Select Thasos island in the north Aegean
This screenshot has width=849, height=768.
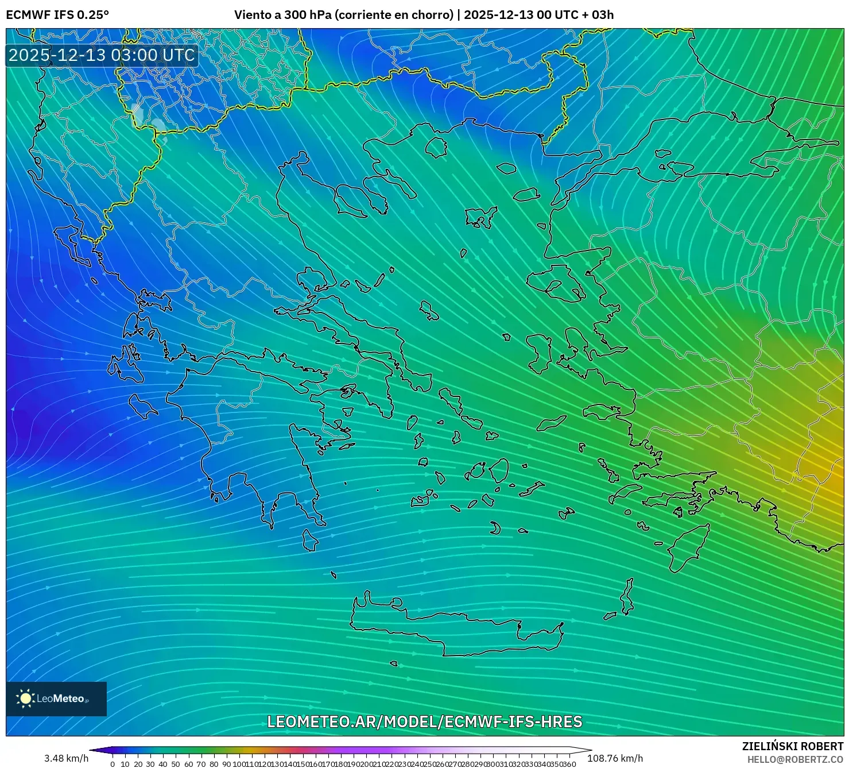pos(436,146)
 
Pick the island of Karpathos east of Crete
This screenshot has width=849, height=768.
pos(627,597)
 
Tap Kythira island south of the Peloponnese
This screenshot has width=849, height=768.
pos(310,541)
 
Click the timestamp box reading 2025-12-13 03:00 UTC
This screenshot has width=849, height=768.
pos(102,56)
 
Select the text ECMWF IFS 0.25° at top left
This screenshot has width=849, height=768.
pos(57,15)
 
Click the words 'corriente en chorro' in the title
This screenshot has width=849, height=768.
pos(393,15)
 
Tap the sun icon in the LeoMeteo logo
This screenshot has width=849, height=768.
pos(25,698)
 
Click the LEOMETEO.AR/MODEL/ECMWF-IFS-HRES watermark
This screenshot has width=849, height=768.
pos(424,721)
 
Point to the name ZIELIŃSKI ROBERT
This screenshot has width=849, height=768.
pos(792,747)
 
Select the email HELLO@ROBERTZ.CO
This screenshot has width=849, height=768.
pos(795,759)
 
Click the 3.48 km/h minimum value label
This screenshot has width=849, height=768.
pos(66,758)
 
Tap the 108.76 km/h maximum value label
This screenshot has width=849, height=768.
pos(615,758)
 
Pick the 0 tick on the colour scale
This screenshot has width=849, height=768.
pos(113,764)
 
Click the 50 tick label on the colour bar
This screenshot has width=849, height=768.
pos(176,764)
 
